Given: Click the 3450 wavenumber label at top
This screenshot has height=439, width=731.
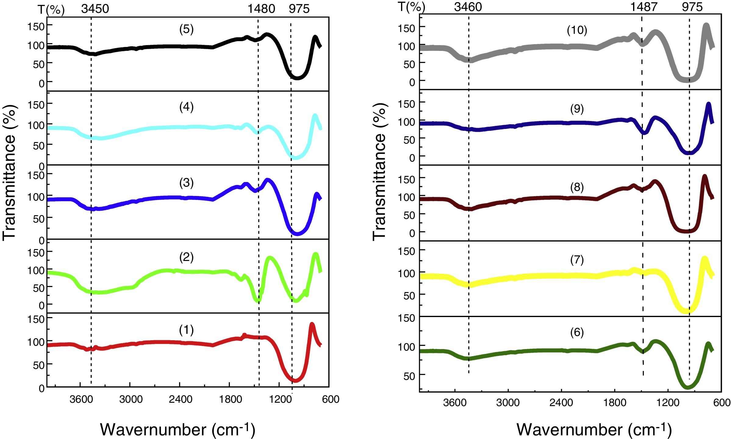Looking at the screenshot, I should coord(95,9).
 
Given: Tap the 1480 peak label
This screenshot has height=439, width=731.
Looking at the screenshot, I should coord(261,9).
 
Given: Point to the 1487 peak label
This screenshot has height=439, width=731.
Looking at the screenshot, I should coord(643,7).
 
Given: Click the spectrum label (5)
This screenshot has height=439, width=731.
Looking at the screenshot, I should coord(186,29).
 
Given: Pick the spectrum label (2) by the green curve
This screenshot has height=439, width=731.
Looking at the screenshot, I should coord(186,257).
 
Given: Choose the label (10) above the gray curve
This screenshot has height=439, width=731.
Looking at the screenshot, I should coord(577,30).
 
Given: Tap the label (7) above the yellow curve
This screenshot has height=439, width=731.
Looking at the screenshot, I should coord(577,260).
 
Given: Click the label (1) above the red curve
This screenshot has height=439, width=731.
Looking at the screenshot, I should coord(186,330).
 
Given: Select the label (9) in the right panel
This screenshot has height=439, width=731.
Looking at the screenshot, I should coord(577,109).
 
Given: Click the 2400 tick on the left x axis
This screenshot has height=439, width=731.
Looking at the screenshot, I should coord(181,399).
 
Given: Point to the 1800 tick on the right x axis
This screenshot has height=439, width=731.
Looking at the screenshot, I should coord(615,402).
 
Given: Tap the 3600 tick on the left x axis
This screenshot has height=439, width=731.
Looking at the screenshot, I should coord(81,399).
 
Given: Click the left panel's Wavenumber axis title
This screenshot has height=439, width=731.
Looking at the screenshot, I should coord(177,430).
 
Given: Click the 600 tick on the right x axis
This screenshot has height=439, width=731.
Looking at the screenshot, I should coord(722,402).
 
